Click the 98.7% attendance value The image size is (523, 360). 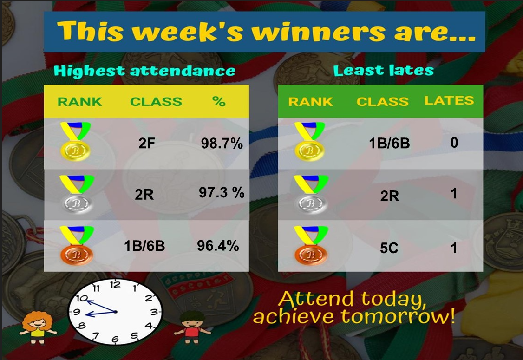tap(222, 144)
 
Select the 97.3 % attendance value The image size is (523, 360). tap(222, 192)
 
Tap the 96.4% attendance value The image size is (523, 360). tap(218, 246)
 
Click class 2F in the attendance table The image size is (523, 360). tap(147, 144)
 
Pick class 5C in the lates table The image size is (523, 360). tap(389, 248)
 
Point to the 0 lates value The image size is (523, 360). tap(454, 143)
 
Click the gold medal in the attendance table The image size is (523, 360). tap(76, 141)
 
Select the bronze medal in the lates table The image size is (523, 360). tap(311, 246)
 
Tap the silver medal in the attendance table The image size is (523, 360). tap(77, 194)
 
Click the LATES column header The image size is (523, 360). tap(449, 100)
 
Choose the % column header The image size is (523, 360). tap(219, 101)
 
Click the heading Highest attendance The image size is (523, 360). tap(144, 71)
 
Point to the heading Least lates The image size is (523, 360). tap(383, 71)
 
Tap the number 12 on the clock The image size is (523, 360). tap(115, 285)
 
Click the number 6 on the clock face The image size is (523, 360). tap(115, 340)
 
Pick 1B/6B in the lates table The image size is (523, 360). tap(389, 143)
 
